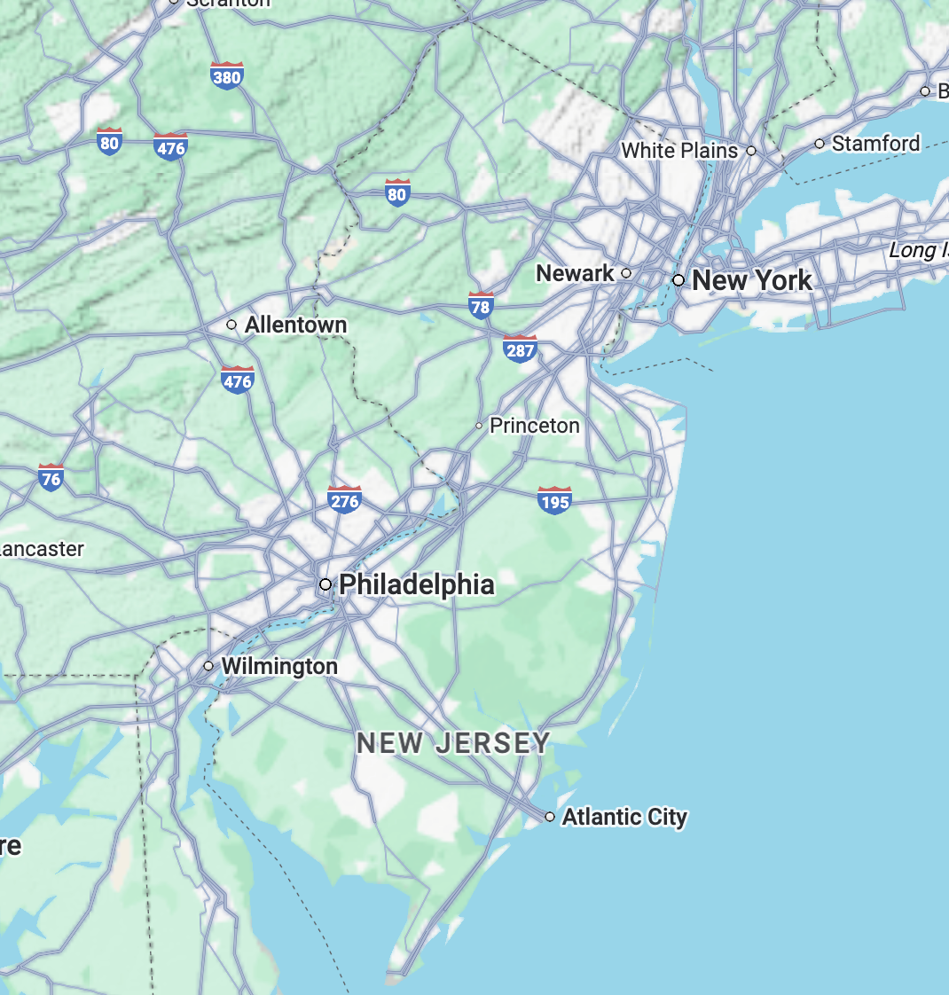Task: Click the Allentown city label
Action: click(295, 325)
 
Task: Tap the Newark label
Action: click(575, 273)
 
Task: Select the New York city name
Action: click(751, 280)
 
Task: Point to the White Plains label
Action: click(679, 151)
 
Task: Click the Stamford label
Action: click(875, 143)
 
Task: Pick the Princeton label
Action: click(534, 426)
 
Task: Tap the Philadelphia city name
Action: click(416, 584)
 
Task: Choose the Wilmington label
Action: click(278, 666)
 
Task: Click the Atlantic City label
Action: click(624, 817)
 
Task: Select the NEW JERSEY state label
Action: click(453, 743)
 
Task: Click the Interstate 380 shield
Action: click(227, 75)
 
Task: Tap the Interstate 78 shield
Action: click(480, 306)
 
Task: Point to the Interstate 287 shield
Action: click(520, 349)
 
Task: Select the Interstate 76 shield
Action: click(51, 478)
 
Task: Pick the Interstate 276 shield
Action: click(344, 500)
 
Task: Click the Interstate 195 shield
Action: click(554, 501)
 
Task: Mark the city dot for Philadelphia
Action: click(325, 584)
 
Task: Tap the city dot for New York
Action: click(678, 280)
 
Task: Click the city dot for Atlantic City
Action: click(550, 817)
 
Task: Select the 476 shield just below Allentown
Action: click(237, 380)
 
